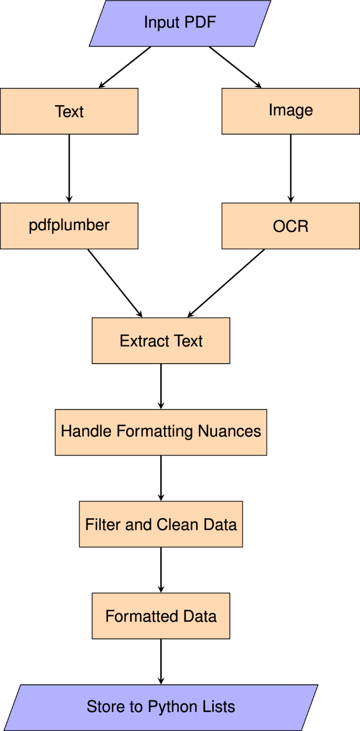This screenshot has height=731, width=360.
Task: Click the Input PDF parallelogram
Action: pyautogui.click(x=180, y=23)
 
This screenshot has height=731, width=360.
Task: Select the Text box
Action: pyautogui.click(x=69, y=111)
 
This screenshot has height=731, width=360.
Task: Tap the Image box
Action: pyautogui.click(x=291, y=110)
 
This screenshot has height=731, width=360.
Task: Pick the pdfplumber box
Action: pyautogui.click(x=69, y=225)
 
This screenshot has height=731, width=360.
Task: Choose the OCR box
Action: pyautogui.click(x=291, y=225)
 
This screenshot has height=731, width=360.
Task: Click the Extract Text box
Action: pyautogui.click(x=161, y=341)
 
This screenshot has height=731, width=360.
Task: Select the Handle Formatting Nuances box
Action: pyautogui.click(x=161, y=432)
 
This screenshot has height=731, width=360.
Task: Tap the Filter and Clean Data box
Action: pyautogui.click(x=161, y=524)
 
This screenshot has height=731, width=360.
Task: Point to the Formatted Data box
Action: pyautogui.click(x=161, y=616)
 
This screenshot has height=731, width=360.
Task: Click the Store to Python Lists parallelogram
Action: pyautogui.click(x=161, y=707)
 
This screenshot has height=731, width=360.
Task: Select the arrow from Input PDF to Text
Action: pyautogui.click(x=125, y=67)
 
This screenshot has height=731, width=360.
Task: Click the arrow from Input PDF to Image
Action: pyautogui.click(x=235, y=67)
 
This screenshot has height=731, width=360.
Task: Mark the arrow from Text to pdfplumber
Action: pyautogui.click(x=69, y=168)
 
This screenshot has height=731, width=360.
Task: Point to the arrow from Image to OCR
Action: pyautogui.click(x=291, y=168)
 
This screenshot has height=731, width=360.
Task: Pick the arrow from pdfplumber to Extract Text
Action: pyautogui.click(x=115, y=283)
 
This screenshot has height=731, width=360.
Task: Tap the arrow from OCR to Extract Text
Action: pyautogui.click(x=227, y=283)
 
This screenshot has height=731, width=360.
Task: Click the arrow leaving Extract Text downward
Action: pyautogui.click(x=161, y=386)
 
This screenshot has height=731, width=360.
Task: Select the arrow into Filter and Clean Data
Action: pyautogui.click(x=161, y=478)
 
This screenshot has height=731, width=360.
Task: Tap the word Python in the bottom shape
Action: pyautogui.click(x=170, y=707)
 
